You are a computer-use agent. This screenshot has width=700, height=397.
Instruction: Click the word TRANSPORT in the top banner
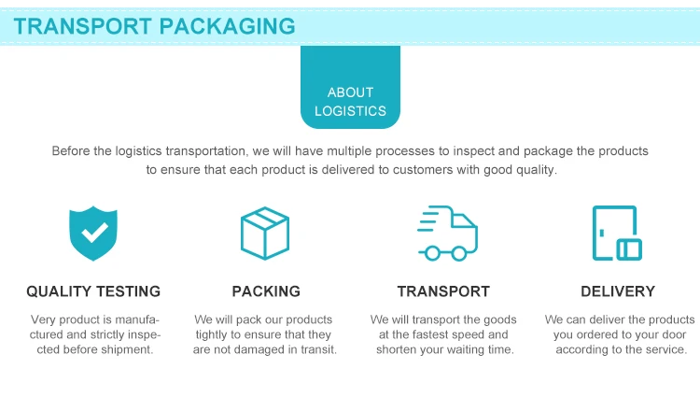83,25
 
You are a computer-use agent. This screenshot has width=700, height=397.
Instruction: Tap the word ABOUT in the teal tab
350,92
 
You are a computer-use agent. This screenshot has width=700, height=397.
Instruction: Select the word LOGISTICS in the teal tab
350,111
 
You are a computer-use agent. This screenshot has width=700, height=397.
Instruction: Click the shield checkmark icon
93,234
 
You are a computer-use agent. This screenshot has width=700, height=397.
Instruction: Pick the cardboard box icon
265,234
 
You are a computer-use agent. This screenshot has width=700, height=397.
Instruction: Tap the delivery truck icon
447,234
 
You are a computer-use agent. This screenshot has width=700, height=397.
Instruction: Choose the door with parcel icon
617,234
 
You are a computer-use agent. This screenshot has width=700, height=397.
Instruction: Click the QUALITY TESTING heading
93,291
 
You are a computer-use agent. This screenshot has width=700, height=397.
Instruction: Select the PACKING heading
266,291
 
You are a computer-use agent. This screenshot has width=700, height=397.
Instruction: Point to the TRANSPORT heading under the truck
443,291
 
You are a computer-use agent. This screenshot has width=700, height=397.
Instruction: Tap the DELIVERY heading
618,291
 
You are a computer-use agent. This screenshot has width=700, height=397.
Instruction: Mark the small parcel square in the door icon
630,248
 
